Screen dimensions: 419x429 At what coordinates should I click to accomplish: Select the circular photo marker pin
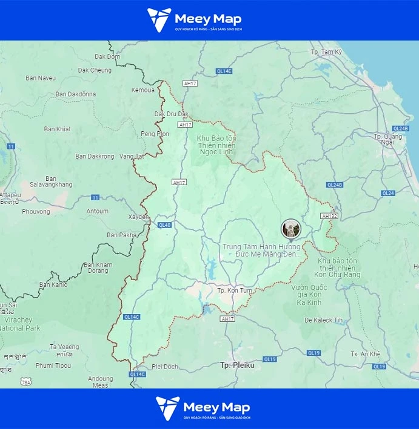[x=291, y=229]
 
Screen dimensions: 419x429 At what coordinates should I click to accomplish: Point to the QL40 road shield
[x=164, y=225]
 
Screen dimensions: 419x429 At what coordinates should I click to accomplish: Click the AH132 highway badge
[x=329, y=216]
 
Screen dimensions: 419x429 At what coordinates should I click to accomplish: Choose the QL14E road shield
[x=224, y=71]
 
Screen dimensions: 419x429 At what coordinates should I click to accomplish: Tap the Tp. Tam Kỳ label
[x=326, y=52]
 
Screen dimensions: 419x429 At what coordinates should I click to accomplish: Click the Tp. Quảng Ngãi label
[x=387, y=140]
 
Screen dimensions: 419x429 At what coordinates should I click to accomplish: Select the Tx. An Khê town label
[x=366, y=354]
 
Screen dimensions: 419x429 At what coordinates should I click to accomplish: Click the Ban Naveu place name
[x=41, y=78]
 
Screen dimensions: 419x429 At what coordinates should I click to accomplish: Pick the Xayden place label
[x=138, y=217]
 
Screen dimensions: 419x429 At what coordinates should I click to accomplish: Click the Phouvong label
[x=36, y=212]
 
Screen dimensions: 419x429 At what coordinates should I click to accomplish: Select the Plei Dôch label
[x=165, y=367]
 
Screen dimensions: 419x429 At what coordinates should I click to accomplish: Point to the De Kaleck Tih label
[x=324, y=320]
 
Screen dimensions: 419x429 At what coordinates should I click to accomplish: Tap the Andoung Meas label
[x=101, y=382]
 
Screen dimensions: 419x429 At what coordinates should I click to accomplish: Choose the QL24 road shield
[x=388, y=193]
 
